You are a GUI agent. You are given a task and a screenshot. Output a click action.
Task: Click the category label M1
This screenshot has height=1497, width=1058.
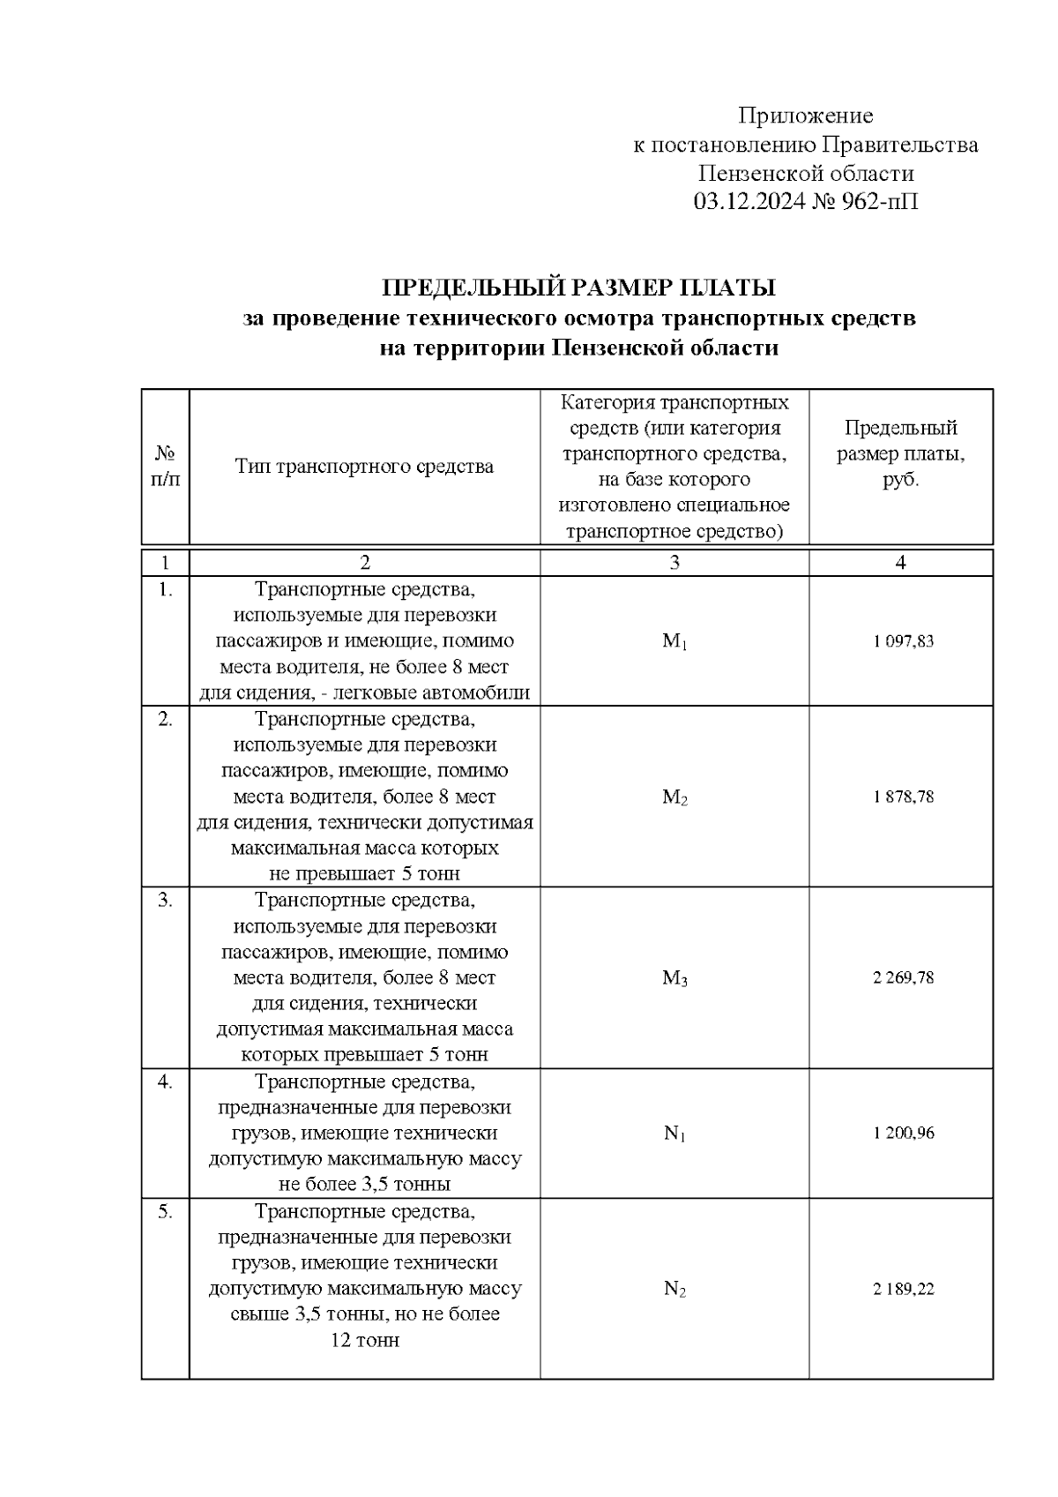pos(674,642)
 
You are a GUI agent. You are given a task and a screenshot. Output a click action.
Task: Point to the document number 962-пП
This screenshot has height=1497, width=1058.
pos(880,203)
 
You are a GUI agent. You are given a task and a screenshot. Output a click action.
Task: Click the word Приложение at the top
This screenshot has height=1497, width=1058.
pos(805,116)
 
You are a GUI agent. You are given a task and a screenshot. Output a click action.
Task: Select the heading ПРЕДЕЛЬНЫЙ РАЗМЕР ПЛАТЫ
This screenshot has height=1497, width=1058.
pos(578,288)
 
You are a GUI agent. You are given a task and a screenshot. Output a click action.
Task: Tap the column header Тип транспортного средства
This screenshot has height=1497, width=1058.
pos(364,467)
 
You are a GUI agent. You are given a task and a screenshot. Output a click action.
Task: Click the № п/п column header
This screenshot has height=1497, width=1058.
pos(165,467)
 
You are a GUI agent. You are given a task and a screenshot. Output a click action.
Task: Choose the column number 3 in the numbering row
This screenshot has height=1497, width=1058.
pos(674,564)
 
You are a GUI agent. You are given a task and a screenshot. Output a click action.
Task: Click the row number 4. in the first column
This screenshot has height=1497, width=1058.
pos(165,1082)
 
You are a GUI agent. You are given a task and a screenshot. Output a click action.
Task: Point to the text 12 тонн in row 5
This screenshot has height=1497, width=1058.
pos(364,1341)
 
